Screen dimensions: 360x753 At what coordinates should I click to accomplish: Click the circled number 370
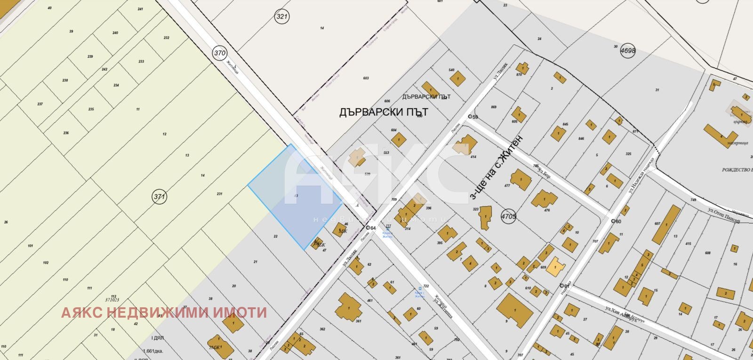point(220,53)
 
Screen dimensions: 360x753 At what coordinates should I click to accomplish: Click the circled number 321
point(281,17)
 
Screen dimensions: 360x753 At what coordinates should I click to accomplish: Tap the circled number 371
point(160,197)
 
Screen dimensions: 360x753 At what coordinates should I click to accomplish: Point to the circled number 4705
point(509,216)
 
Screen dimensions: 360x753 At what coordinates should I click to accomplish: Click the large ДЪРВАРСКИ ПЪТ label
point(383,112)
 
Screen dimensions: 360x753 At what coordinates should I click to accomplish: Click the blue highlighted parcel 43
point(296,195)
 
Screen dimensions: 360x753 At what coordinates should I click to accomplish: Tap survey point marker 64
point(368,228)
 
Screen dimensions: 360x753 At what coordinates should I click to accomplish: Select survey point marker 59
point(469,117)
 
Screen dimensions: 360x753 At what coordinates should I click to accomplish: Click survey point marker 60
point(613,221)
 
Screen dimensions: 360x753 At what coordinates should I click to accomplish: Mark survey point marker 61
point(562,286)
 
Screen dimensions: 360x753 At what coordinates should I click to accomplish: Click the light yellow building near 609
point(556,267)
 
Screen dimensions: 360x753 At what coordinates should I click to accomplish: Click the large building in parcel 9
point(514,311)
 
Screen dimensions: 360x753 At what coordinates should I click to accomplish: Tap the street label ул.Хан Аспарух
point(625,314)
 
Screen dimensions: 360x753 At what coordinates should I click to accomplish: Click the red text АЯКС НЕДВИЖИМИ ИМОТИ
point(164,312)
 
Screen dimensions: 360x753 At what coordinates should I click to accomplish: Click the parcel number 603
point(366,78)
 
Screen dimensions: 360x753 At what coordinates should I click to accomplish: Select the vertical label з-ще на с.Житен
point(497,167)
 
